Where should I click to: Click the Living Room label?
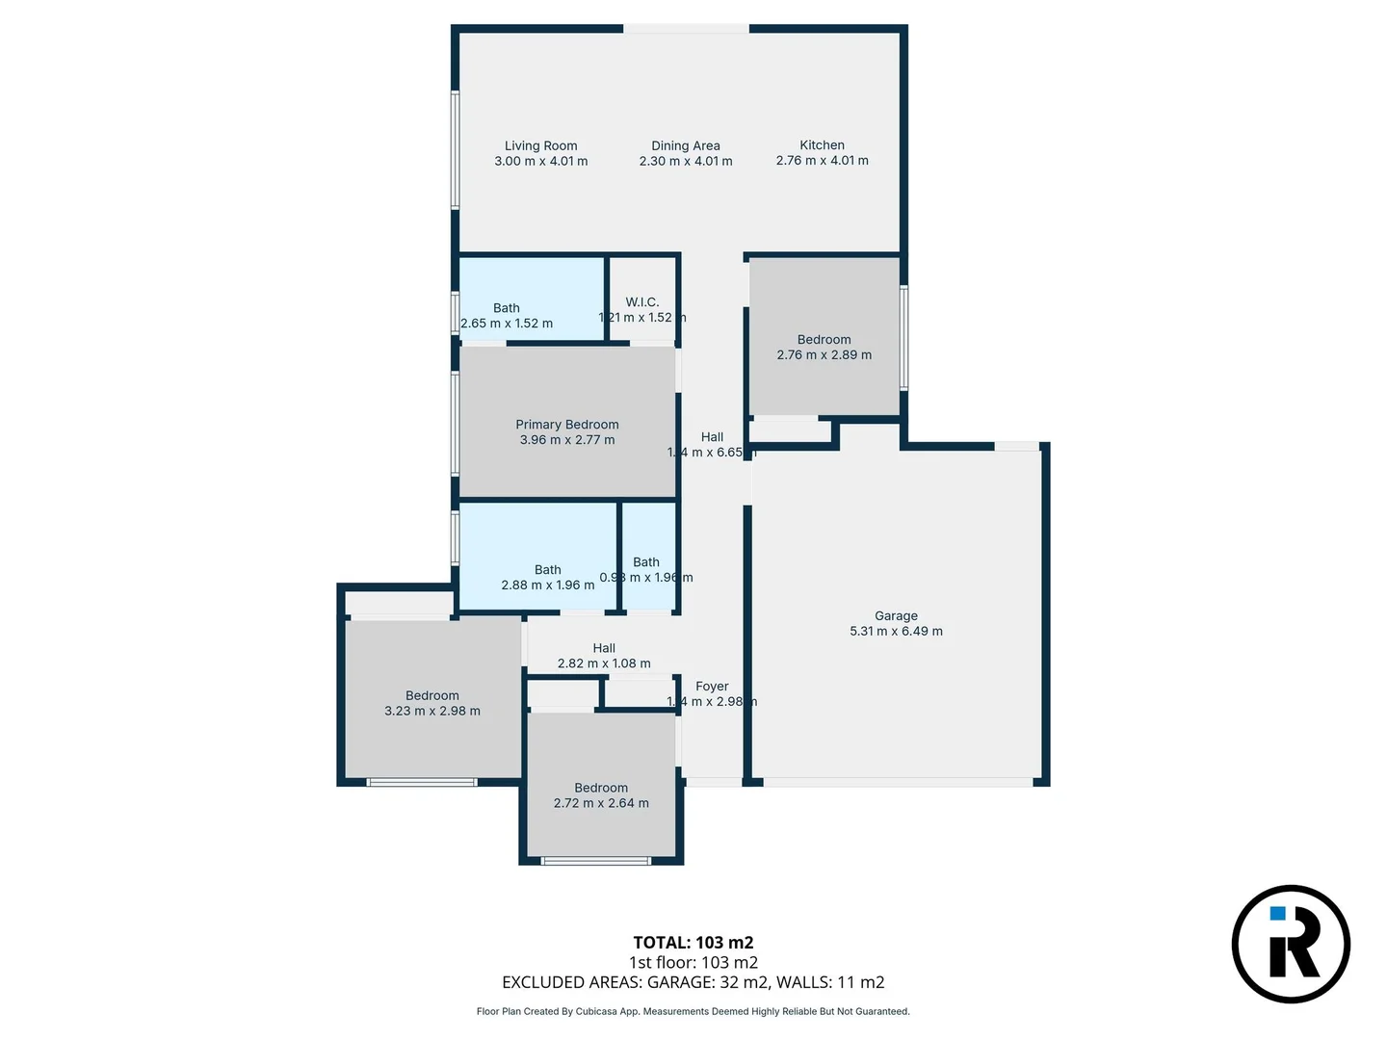click(x=540, y=145)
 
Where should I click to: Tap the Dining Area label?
click(x=685, y=145)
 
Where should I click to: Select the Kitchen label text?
click(x=822, y=144)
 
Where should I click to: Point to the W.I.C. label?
click(x=641, y=301)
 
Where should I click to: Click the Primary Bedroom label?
click(x=566, y=424)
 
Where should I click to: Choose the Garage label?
click(x=896, y=615)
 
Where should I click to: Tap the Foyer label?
click(x=712, y=686)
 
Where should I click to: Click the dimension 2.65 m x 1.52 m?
click(x=507, y=324)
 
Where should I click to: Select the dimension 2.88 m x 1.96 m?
click(x=547, y=585)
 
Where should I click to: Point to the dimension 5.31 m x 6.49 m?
click(x=896, y=631)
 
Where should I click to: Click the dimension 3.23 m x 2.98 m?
click(x=432, y=711)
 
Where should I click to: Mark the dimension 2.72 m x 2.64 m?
click(x=601, y=803)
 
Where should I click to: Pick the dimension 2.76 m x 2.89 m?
click(x=824, y=354)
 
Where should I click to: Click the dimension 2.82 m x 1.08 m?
click(x=604, y=663)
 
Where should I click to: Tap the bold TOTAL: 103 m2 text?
click(x=693, y=943)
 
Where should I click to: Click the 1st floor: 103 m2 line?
click(x=693, y=962)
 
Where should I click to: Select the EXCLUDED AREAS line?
click(x=693, y=982)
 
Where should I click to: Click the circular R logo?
click(x=1291, y=944)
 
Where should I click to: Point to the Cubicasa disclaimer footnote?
click(x=693, y=1011)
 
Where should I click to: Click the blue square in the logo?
click(x=1277, y=914)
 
